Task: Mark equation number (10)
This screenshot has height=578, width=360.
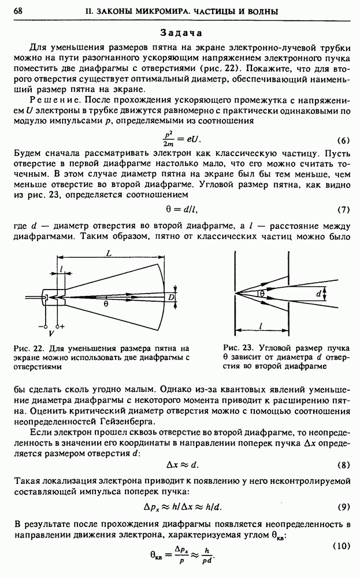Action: (x=342, y=546)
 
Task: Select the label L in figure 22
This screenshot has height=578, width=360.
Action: (x=109, y=253)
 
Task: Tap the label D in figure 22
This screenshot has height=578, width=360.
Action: (x=172, y=297)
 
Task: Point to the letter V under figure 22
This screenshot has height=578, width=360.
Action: (x=51, y=334)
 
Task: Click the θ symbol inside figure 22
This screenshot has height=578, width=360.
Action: (x=106, y=303)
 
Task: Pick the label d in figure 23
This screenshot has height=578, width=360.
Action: (x=319, y=294)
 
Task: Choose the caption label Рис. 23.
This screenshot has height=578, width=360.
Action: (x=233, y=348)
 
